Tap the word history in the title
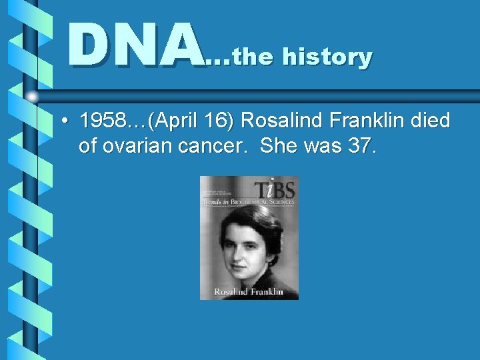click(x=327, y=57)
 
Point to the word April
click(x=174, y=121)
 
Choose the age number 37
click(x=360, y=145)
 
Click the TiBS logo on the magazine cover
click(x=276, y=189)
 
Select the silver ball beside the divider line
click(x=33, y=97)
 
